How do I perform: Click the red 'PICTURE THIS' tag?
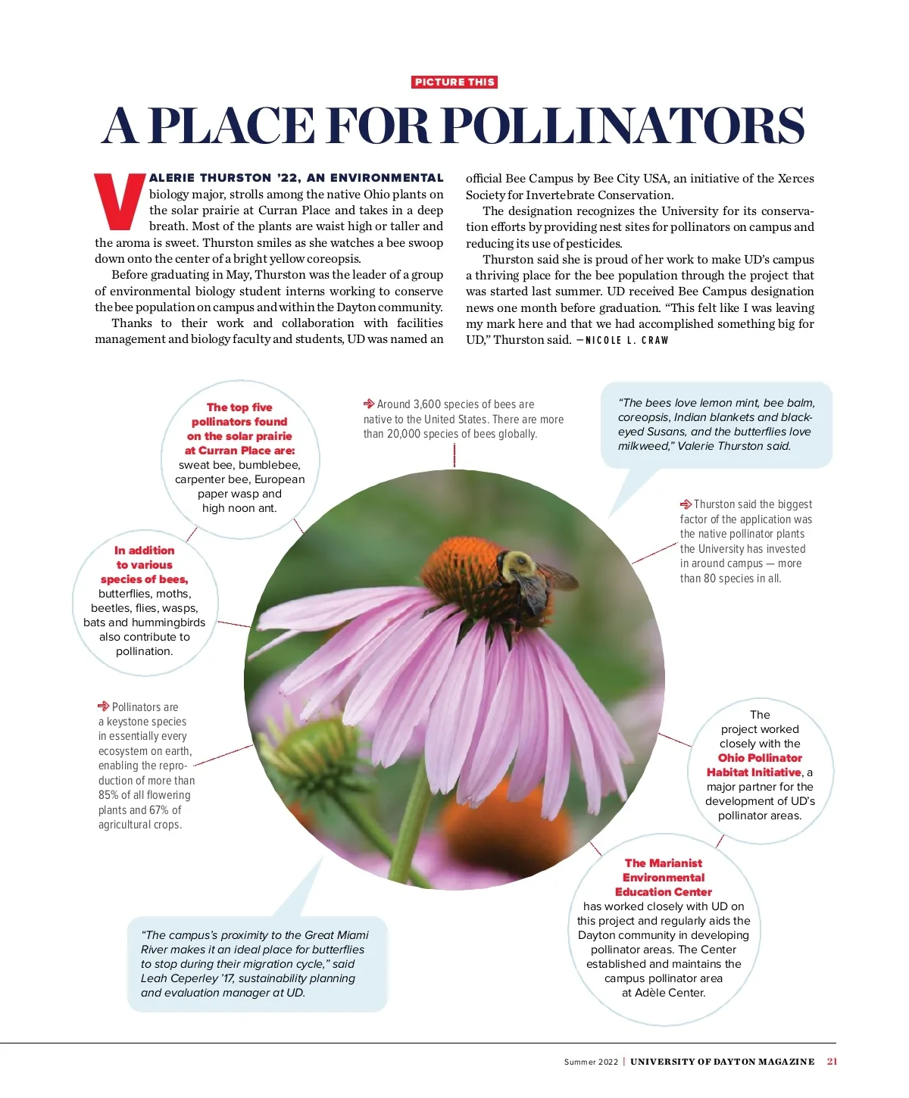point(454,82)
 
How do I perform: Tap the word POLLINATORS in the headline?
point(622,126)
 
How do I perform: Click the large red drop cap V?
point(119,201)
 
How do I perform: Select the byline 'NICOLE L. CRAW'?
point(626,340)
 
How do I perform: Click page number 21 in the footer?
point(832,1062)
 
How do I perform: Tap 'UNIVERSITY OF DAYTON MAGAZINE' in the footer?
point(722,1062)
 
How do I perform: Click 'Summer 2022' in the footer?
point(591,1062)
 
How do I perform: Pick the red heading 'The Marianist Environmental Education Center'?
point(664,877)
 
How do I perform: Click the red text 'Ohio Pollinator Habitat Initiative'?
point(754,765)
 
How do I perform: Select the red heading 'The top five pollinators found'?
point(239,429)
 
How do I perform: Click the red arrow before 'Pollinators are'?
point(104,707)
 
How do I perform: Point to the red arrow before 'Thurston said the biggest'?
point(686,504)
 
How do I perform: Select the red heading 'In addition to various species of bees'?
point(144,565)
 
